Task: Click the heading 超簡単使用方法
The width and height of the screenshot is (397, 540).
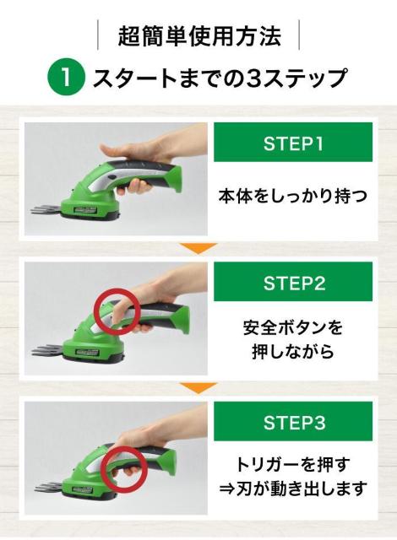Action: click(x=199, y=35)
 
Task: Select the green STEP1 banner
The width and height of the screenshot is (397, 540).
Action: click(x=293, y=142)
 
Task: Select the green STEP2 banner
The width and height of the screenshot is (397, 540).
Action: click(x=293, y=281)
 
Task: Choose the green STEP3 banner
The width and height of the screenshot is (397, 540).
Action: click(x=293, y=421)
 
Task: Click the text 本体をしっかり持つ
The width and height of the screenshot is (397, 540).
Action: click(x=293, y=196)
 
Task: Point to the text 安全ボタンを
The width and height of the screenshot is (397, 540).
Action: click(x=293, y=327)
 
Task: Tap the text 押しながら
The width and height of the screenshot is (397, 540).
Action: click(x=293, y=351)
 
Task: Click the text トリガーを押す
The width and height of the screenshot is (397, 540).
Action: click(x=293, y=465)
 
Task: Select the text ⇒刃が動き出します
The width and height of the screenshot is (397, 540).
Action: click(x=293, y=489)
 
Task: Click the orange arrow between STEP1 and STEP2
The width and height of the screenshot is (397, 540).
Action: click(x=198, y=247)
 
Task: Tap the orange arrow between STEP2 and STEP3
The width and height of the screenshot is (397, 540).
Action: click(x=198, y=387)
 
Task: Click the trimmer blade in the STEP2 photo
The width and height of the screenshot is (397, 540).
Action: click(x=47, y=350)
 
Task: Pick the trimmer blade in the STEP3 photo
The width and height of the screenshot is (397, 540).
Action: click(x=51, y=488)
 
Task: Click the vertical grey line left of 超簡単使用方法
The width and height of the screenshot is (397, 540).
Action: click(x=98, y=35)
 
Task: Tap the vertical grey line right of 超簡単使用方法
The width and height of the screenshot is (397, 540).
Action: click(x=299, y=35)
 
